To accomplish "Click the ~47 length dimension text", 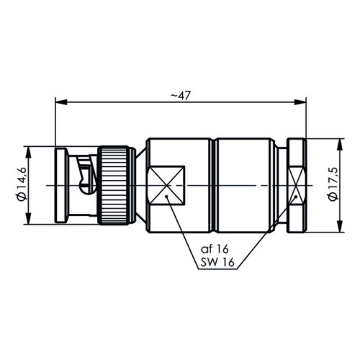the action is click(180, 96).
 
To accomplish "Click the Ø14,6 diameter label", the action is click(22, 184).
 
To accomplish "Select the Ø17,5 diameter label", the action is click(333, 184).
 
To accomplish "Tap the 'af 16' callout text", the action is click(215, 249).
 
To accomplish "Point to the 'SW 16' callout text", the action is click(217, 262).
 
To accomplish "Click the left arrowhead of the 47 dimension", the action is click(61, 102).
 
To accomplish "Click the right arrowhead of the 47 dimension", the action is click(300, 102).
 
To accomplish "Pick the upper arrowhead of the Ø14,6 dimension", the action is click(29, 152).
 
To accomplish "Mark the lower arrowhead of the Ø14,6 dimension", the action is click(29, 219).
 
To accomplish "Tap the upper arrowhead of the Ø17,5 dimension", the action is click(340, 145).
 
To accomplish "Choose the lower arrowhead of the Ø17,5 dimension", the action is click(340, 227).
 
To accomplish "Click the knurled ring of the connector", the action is click(114, 185).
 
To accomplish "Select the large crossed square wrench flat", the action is click(166, 185).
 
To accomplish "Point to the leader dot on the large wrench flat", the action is click(166, 197).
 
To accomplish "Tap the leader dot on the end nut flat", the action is click(296, 197).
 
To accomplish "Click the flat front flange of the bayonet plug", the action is click(61, 186).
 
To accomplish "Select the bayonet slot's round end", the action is click(86, 188).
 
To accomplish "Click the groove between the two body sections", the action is click(214, 185).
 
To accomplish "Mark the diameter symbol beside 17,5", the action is click(333, 197).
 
